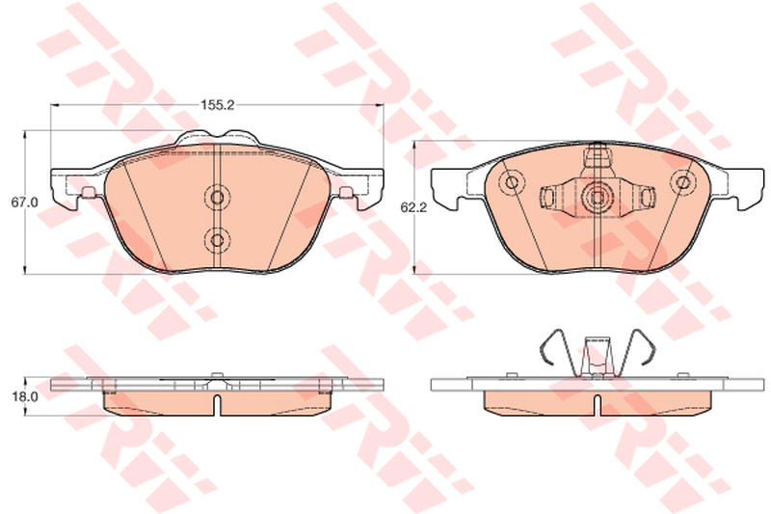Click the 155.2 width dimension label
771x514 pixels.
[217, 105]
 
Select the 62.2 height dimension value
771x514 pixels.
[413, 207]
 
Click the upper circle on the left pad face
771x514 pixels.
[216, 198]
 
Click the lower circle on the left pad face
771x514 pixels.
[216, 240]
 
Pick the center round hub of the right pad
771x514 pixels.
[597, 198]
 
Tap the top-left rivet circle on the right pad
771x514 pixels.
[512, 182]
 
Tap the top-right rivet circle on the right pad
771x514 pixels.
[682, 182]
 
